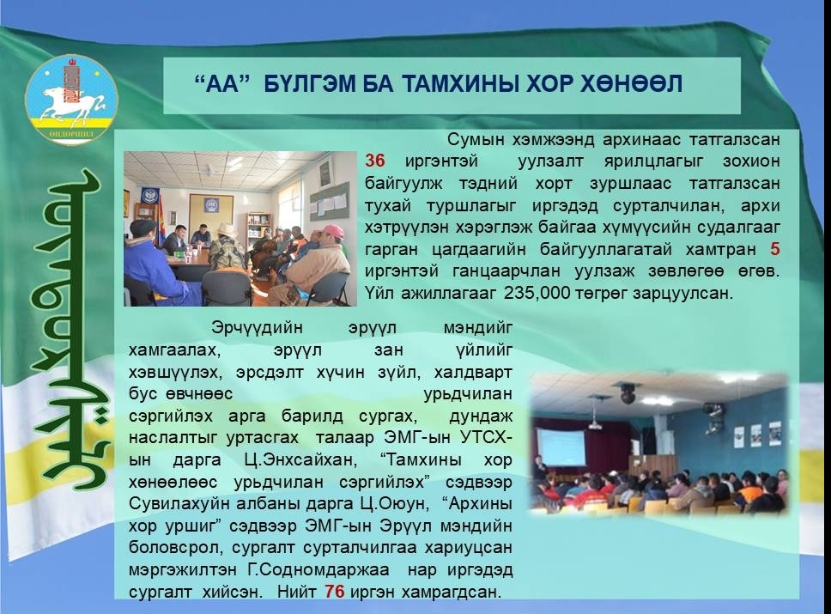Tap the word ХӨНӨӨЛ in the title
631,84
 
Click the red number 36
375,161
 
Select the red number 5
775,249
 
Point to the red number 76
335,591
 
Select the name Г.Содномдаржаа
318,570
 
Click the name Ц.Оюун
394,503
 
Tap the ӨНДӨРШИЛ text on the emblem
71,134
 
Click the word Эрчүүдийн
257,328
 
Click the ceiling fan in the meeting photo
212,170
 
